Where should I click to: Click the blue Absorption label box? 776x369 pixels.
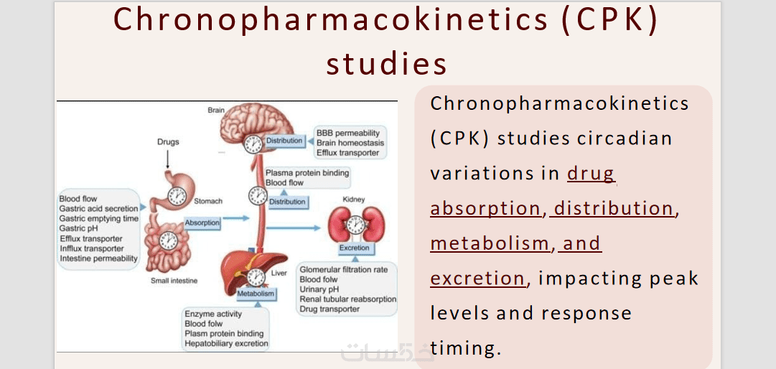tap(202, 223)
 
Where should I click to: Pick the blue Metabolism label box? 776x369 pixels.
tap(256, 294)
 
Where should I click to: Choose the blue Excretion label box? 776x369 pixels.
tap(354, 248)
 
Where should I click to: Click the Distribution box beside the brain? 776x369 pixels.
tap(284, 141)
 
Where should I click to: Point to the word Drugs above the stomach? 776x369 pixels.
tap(168, 142)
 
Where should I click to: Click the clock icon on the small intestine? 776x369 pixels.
tap(168, 241)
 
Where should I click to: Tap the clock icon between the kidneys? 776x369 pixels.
tap(354, 225)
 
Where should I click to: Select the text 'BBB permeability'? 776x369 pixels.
tap(348, 133)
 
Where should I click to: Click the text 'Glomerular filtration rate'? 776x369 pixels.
tap(343, 270)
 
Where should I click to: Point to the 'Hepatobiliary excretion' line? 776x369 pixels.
tap(226, 343)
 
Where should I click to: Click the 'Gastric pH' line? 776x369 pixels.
tap(79, 228)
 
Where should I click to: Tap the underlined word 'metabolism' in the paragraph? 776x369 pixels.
tap(490, 243)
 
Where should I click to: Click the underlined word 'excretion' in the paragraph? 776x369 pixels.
tap(477, 279)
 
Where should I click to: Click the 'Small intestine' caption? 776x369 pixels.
tap(174, 281)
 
